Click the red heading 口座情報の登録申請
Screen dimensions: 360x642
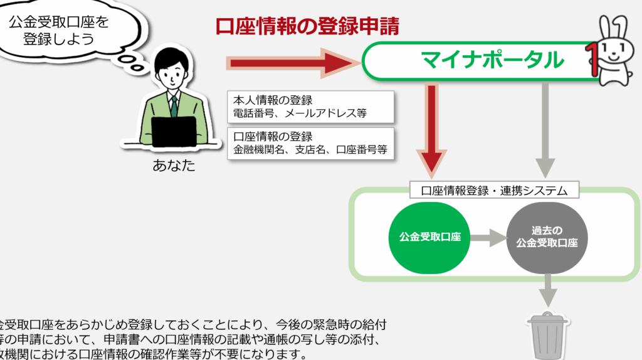[307, 26]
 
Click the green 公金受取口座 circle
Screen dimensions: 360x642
[430, 238]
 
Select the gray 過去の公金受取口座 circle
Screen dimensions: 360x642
[547, 238]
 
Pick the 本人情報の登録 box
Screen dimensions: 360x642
[310, 107]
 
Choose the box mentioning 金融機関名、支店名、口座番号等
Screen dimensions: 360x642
[310, 144]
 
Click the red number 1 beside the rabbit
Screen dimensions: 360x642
[590, 56]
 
